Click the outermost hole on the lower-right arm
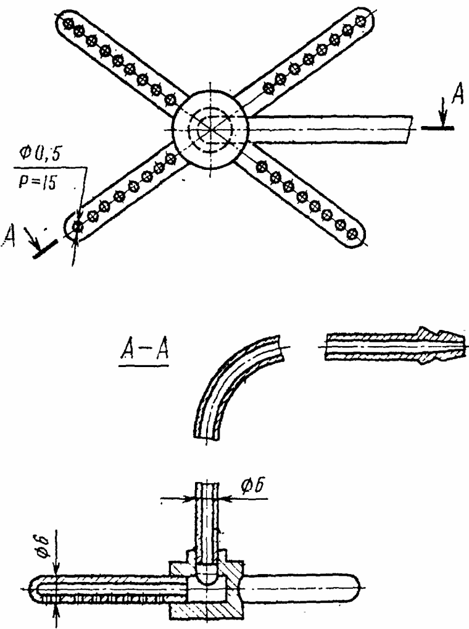coord(353,233)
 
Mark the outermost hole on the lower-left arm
coord(77,227)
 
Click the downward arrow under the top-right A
coord(442,115)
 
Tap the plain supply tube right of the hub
coord(330,129)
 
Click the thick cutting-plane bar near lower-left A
coord(45,249)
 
